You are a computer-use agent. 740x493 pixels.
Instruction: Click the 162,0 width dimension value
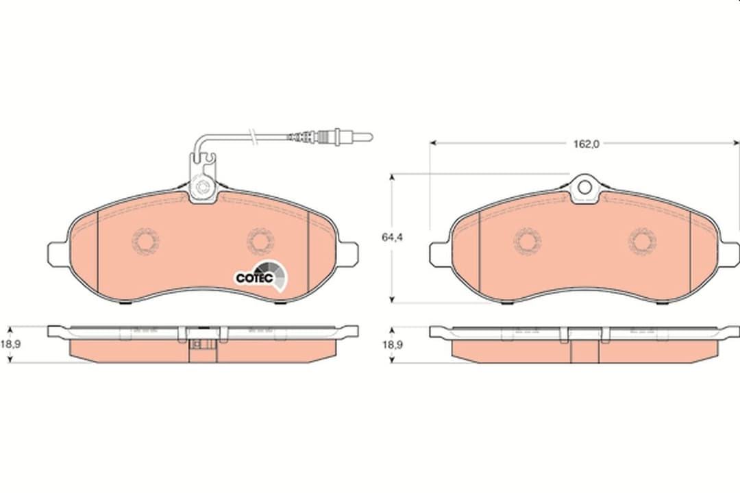586,144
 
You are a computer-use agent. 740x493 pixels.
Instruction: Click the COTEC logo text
254,278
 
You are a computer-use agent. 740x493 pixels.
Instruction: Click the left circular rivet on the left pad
145,240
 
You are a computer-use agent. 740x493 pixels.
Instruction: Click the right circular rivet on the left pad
260,240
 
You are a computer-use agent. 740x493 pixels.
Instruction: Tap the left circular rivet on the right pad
528,240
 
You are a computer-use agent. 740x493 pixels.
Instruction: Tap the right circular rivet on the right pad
643,240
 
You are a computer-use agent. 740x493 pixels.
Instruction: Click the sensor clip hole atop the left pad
203,186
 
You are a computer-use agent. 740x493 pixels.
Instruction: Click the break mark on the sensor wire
254,137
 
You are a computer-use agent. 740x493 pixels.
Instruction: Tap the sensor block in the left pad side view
202,345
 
